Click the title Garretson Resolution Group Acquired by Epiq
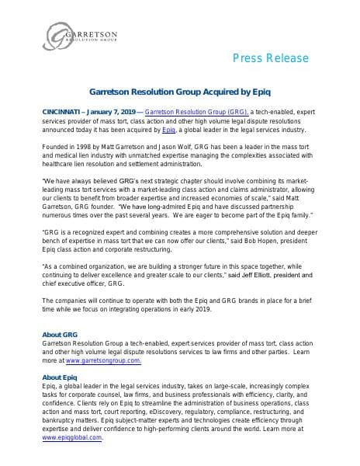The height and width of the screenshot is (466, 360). [179, 92]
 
